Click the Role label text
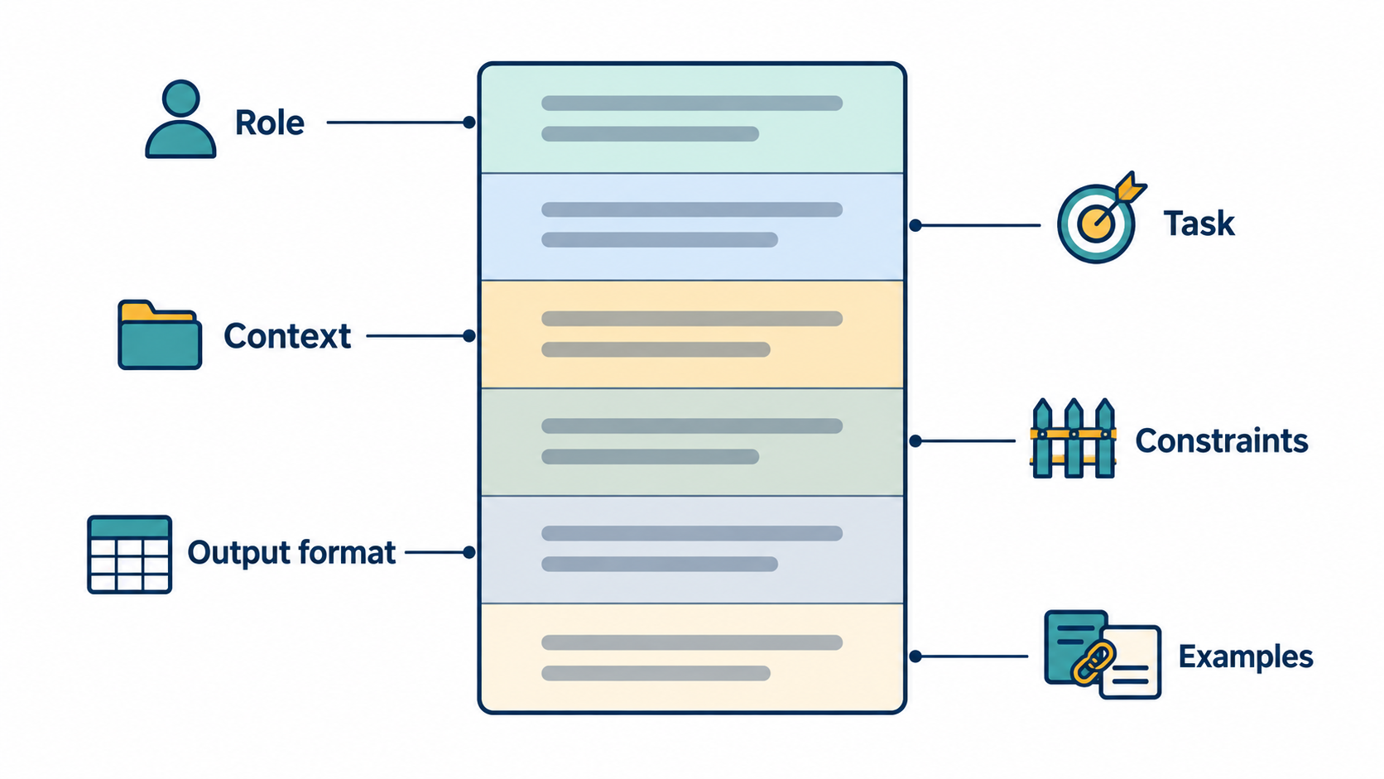269,123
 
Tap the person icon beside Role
180,119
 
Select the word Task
1199,224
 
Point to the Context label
287,336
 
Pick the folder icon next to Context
160,334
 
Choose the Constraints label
1222,441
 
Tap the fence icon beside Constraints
1074,439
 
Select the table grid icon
129,555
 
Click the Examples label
1246,656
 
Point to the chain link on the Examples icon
1093,663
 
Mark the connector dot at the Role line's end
469,123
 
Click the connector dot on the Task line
915,225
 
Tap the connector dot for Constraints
915,441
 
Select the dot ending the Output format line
469,552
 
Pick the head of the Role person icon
180,99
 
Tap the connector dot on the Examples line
915,656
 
